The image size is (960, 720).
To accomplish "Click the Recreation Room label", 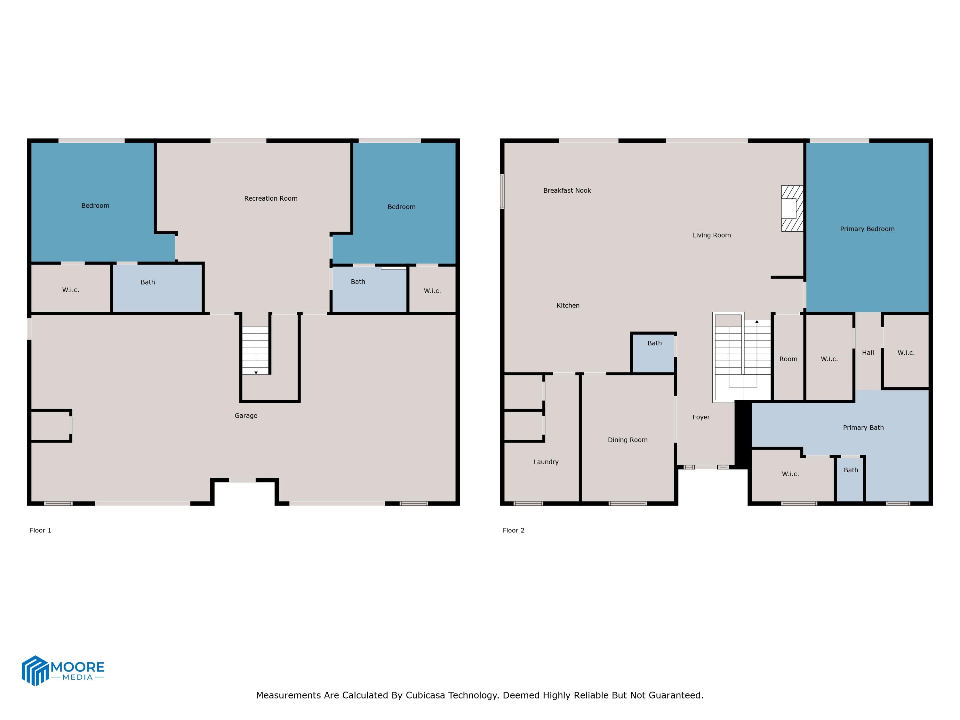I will pos(270,198).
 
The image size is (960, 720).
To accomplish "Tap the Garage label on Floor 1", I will pos(246,415).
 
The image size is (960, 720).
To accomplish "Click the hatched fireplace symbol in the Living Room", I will pos(792,208).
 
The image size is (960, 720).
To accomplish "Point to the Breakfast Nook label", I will pos(567,190).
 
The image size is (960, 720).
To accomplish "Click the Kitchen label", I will pos(568,306).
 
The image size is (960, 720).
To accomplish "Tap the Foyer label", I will pos(701,417).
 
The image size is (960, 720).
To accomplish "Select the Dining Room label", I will pos(627,440).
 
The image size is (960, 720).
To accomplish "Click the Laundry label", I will pos(546,462).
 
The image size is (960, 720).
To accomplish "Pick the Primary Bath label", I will pos(863,428).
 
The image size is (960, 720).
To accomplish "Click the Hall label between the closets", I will pos(868,353).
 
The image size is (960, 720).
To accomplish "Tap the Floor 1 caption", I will pos(40,530).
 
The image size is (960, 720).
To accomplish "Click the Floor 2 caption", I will pos(513,530).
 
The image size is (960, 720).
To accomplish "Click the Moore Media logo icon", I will pos(35,670).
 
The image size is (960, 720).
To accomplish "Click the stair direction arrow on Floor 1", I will pos(256,372).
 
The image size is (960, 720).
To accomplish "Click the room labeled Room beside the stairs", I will pos(788,359).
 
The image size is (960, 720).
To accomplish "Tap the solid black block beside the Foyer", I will pos(743,434).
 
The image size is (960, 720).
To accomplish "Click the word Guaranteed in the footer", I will pos(676,695).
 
